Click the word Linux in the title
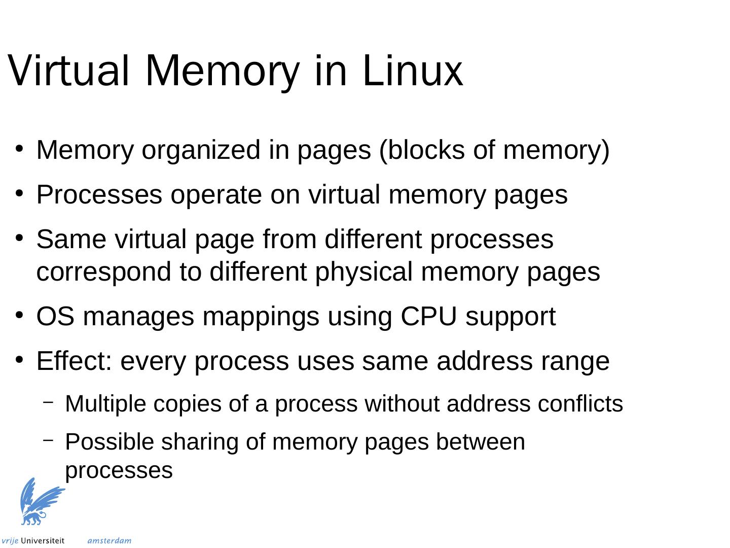coord(412,71)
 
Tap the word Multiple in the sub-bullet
coord(105,404)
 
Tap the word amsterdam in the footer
coord(109,541)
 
